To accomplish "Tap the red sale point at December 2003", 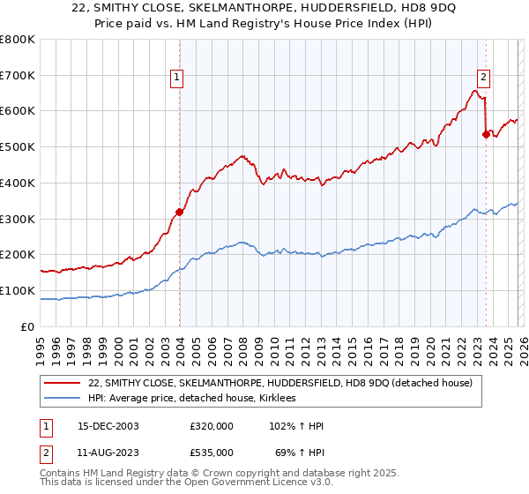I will pyautogui.click(x=179, y=212).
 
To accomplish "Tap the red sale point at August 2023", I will pyautogui.click(x=486, y=134).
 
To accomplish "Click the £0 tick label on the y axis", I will pyautogui.click(x=27, y=326).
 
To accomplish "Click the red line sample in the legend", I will pyautogui.click(x=63, y=383).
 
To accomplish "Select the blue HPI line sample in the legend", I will pyautogui.click(x=63, y=399).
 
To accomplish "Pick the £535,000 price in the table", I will pyautogui.click(x=212, y=452).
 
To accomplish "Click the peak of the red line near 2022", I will pyautogui.click(x=474, y=90).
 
